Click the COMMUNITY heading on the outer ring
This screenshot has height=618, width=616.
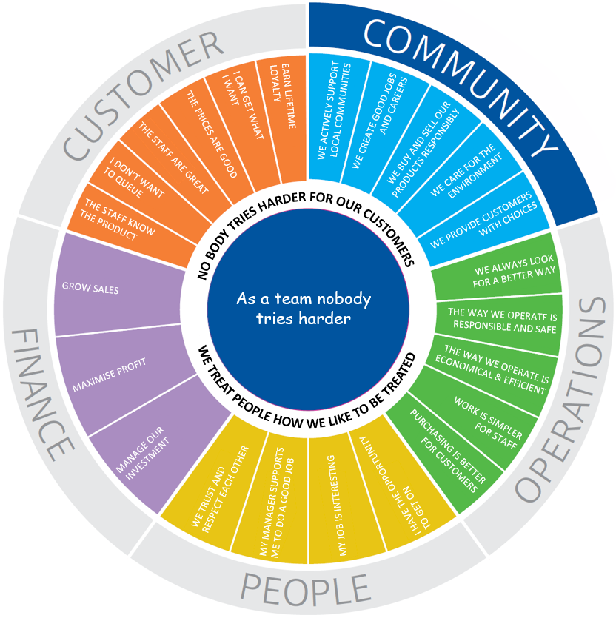click(x=459, y=81)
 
